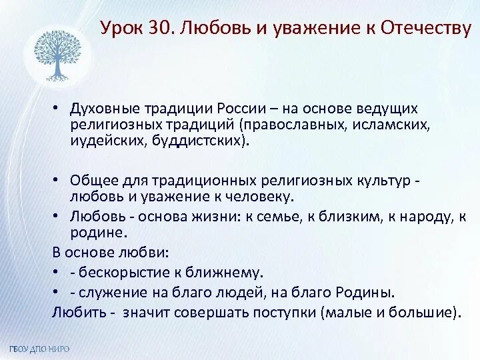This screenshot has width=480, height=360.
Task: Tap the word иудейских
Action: pyautogui.click(x=101, y=141)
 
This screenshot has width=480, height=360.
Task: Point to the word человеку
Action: pyautogui.click(x=259, y=197)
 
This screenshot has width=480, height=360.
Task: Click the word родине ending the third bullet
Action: pyautogui.click(x=97, y=233)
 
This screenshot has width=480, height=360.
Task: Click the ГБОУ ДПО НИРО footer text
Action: pyautogui.click(x=39, y=349)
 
